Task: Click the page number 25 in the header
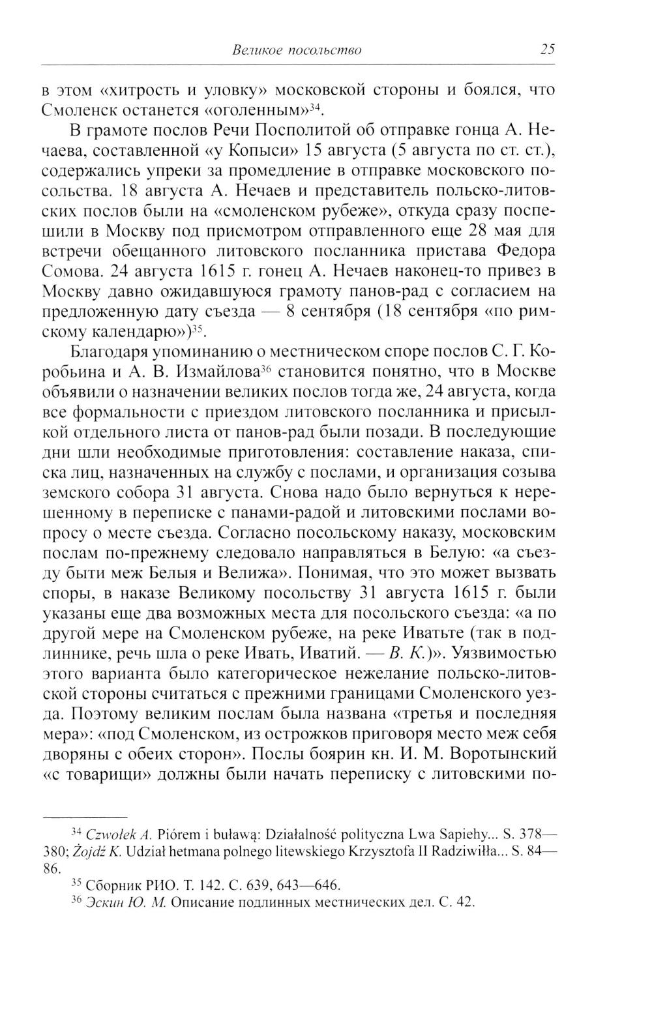point(547,50)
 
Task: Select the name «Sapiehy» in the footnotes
point(449,834)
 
